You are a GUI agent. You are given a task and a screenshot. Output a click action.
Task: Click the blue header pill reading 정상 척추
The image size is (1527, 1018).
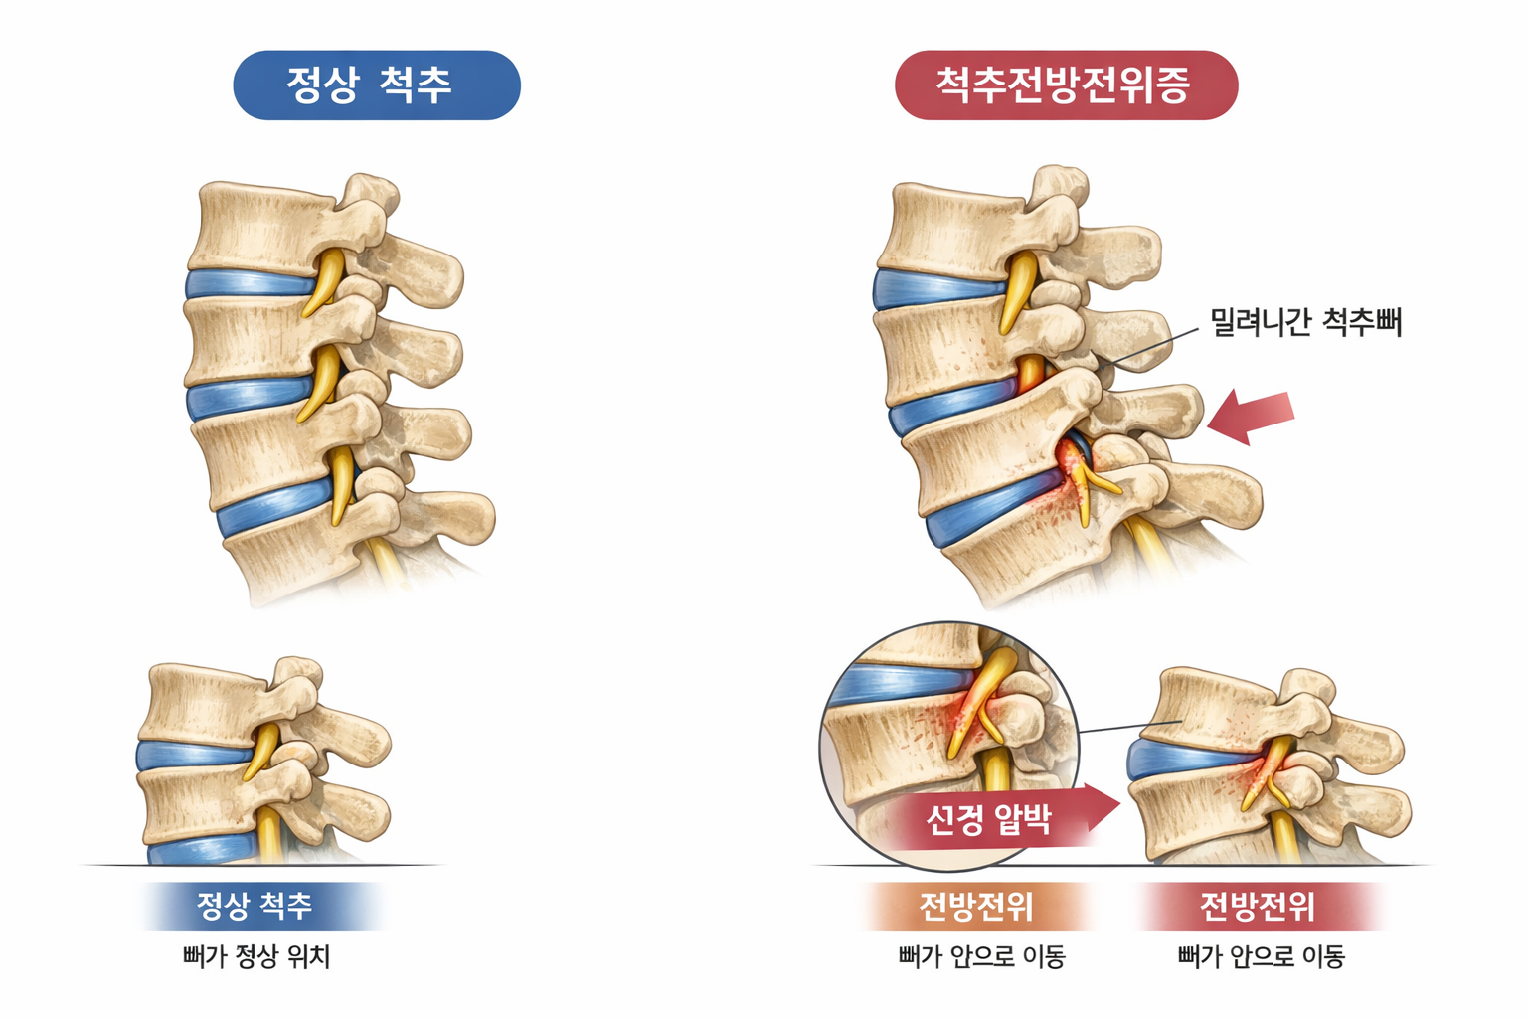[x=376, y=85]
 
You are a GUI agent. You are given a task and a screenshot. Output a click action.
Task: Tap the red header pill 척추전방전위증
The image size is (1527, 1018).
[x=1065, y=85]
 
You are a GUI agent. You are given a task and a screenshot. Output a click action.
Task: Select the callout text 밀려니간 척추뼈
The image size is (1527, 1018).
[x=1305, y=321]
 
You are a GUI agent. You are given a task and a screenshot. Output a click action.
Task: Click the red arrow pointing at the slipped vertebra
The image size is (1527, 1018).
[x=1252, y=415]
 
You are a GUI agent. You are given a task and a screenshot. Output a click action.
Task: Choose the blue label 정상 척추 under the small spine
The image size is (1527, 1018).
[x=255, y=906]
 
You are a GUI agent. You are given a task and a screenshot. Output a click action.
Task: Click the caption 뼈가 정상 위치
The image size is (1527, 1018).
[x=255, y=956]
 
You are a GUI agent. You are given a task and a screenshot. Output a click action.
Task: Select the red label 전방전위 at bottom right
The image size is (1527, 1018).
[x=1258, y=906]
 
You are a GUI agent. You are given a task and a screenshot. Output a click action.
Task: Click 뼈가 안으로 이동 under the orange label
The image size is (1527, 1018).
[x=981, y=956]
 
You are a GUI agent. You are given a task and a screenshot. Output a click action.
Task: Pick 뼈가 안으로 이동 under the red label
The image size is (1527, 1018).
[x=1261, y=956]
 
